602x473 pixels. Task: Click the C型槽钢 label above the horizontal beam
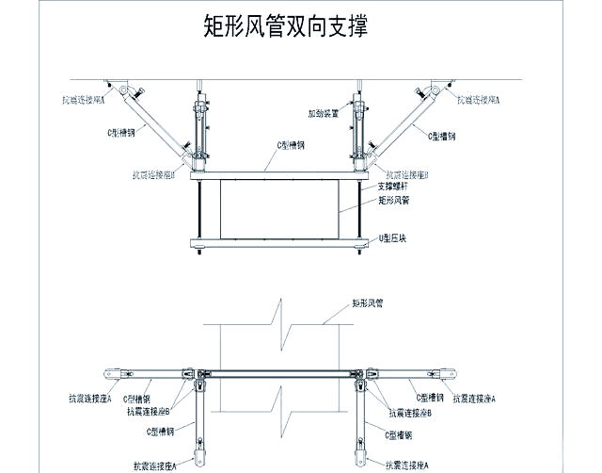click(x=293, y=144)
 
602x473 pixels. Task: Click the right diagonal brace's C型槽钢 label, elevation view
click(x=442, y=137)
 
